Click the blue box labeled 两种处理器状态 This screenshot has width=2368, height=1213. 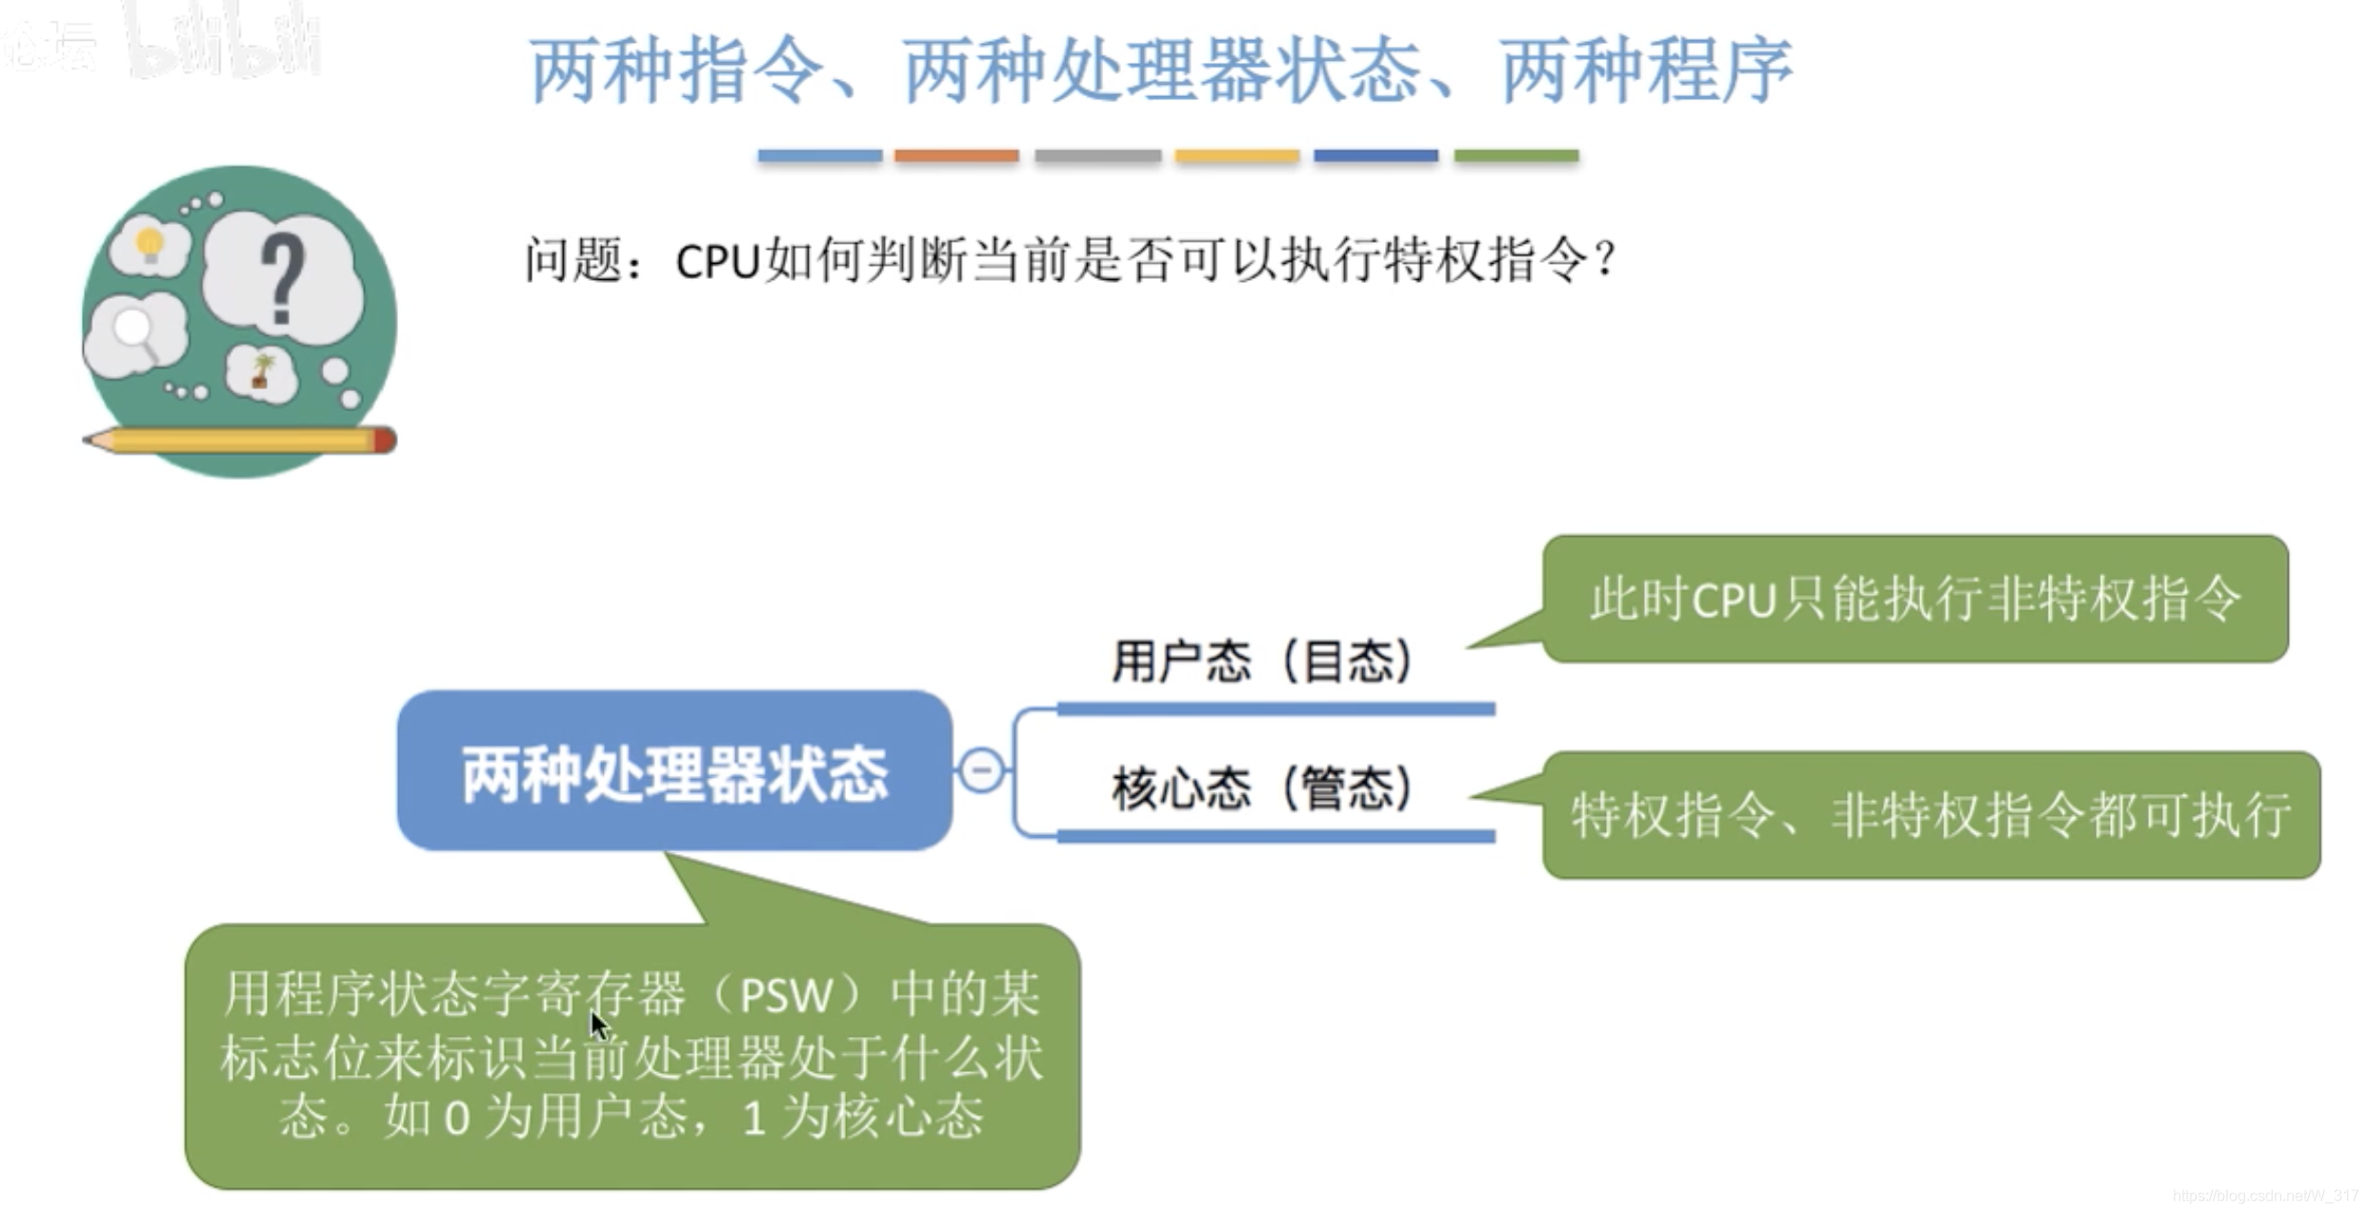tap(674, 770)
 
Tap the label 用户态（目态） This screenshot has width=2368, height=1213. tap(1262, 661)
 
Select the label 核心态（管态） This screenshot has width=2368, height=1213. tap(1262, 788)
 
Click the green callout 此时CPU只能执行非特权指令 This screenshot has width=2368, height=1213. tap(1915, 599)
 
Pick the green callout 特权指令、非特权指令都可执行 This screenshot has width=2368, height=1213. tap(1931, 815)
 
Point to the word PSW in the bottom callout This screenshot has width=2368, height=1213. tap(786, 997)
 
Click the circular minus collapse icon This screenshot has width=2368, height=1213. tap(981, 769)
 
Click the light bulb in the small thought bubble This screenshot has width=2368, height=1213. tap(150, 244)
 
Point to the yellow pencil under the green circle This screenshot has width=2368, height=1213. tap(238, 440)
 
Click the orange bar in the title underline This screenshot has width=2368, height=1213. tap(956, 155)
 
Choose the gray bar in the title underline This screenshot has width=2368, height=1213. tap(1097, 155)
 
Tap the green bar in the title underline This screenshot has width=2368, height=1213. tap(1515, 155)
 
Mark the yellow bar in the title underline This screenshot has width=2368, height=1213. tap(1236, 155)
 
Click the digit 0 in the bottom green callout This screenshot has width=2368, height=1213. tap(457, 1118)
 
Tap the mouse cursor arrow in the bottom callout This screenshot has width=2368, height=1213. tap(598, 1026)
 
